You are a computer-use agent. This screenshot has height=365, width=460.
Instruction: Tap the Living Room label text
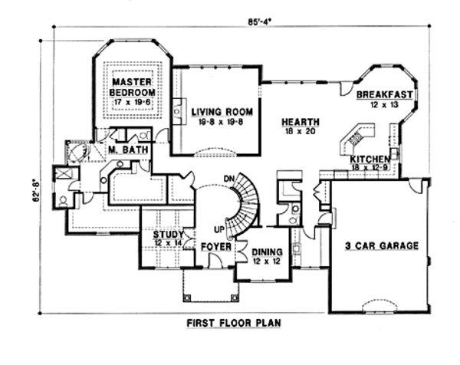pos(216,112)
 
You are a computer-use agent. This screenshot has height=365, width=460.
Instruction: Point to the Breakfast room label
pos(385,95)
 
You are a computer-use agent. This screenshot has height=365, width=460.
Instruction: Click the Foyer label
pos(212,248)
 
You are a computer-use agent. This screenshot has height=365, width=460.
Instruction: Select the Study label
pos(167,234)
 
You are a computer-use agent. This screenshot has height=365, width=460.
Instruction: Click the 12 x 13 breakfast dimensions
pos(385,104)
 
